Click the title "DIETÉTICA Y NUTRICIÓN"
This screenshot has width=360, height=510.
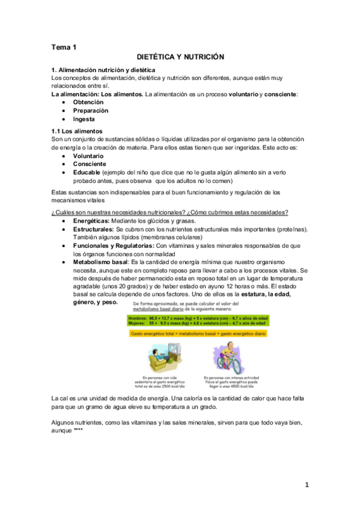[180, 57]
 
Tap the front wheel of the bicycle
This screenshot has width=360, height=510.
[239, 364]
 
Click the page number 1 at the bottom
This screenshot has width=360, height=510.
[307, 485]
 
